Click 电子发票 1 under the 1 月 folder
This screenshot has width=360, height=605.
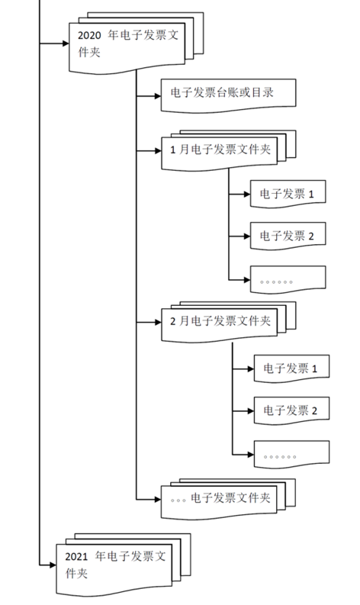click(x=287, y=194)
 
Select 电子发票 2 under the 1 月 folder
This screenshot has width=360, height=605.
click(x=287, y=237)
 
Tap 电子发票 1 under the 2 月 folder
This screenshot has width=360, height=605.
click(x=291, y=369)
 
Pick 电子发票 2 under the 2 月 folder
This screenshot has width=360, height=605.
click(x=291, y=411)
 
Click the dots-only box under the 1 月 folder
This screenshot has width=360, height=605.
click(x=287, y=280)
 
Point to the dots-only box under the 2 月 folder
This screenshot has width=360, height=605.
click(x=291, y=455)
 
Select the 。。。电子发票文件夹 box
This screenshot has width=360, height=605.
click(x=220, y=499)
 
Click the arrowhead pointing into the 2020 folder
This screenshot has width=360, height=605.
click(x=64, y=43)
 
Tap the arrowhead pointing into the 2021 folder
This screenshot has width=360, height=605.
click(x=52, y=564)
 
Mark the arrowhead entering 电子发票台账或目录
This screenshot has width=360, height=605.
click(x=156, y=95)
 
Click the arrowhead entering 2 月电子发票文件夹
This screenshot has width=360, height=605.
click(x=156, y=322)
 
